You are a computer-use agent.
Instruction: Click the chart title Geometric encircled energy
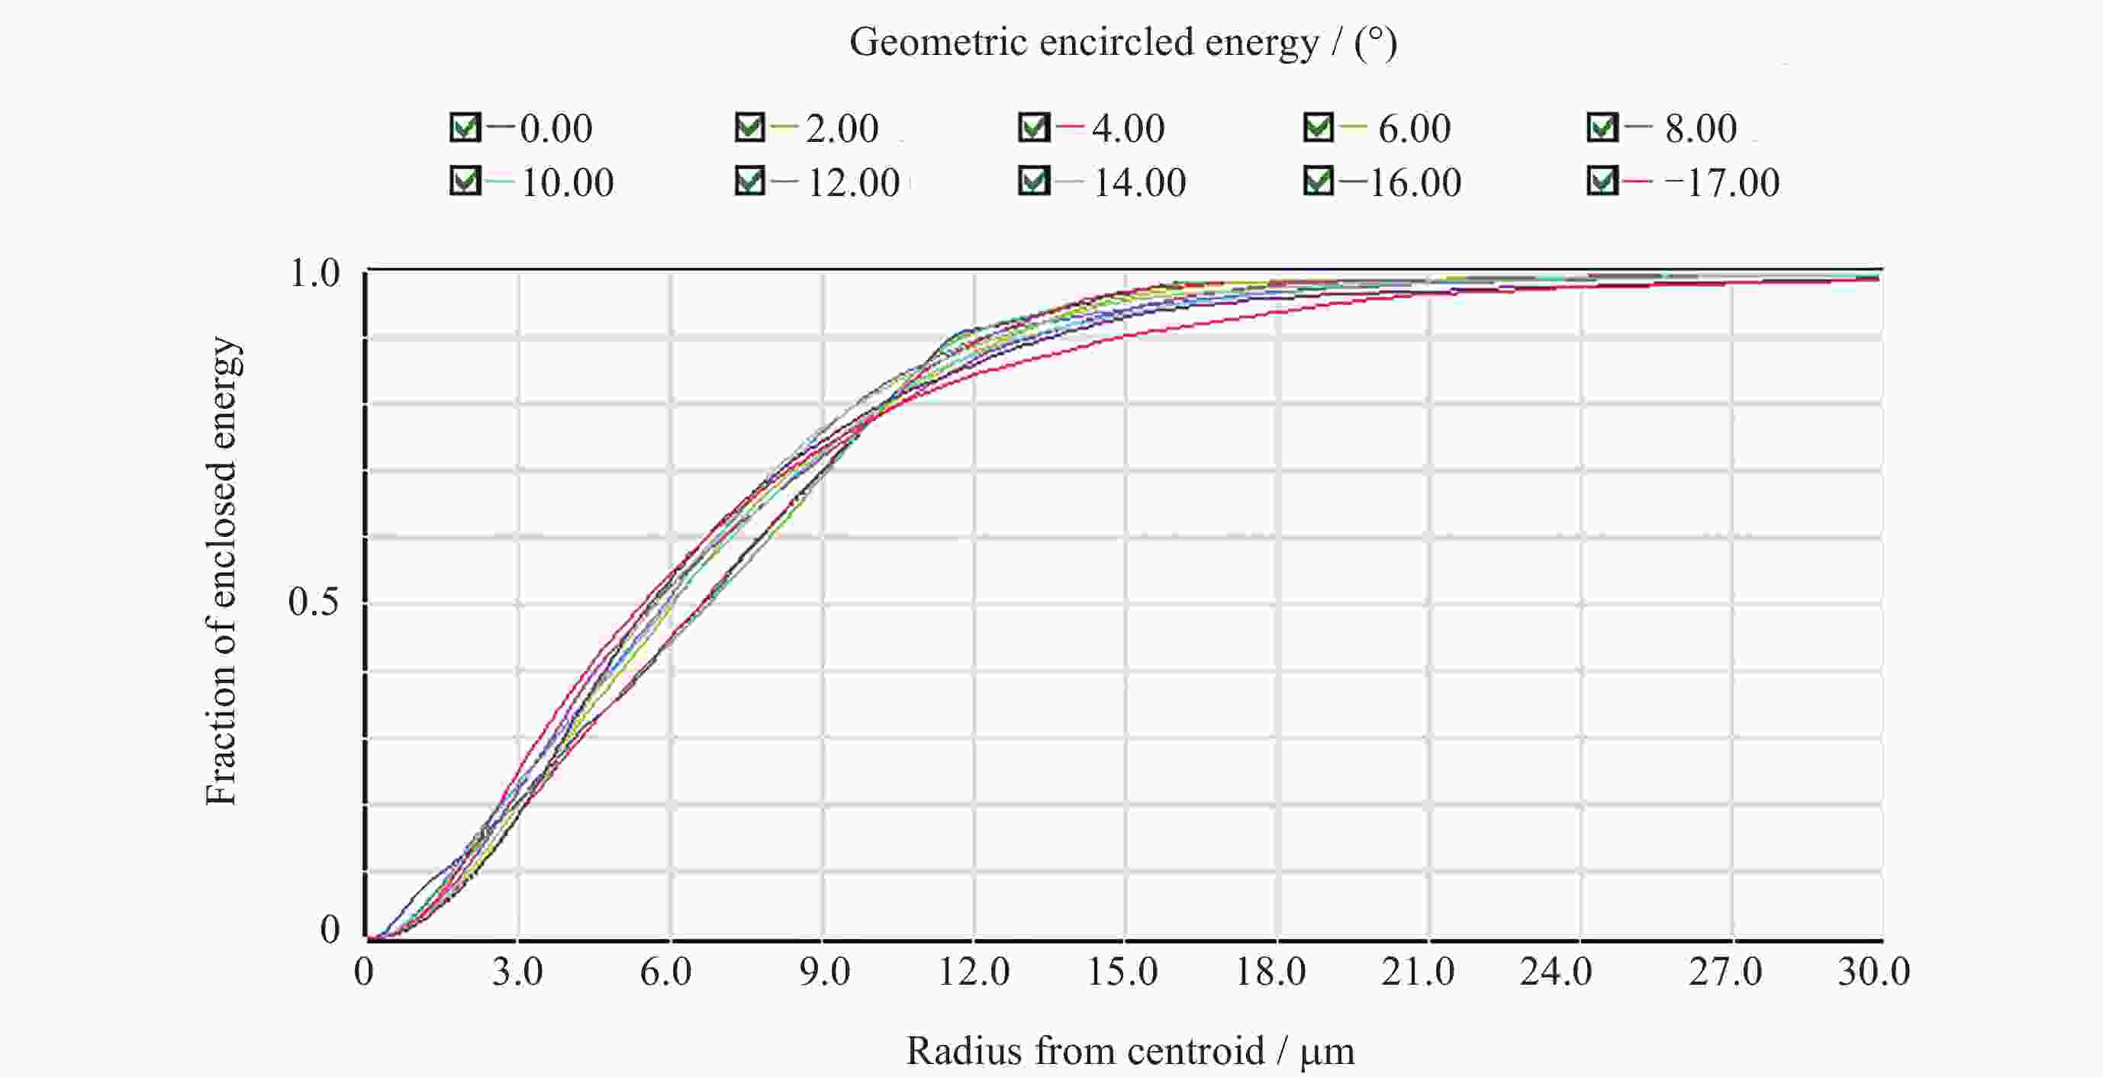point(1122,43)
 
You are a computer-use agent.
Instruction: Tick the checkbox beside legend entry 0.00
point(465,127)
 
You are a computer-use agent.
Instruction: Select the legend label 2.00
point(842,129)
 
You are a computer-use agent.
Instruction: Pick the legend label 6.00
point(1414,129)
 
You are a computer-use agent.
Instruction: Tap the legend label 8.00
point(1701,129)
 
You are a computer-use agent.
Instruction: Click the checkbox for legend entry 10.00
point(465,180)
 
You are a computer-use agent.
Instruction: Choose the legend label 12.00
point(853,182)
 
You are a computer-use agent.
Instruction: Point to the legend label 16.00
point(1414,182)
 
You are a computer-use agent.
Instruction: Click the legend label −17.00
point(1721,182)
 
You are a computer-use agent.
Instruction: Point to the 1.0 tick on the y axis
point(314,273)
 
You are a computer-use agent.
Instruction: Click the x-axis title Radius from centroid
point(1130,1051)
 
